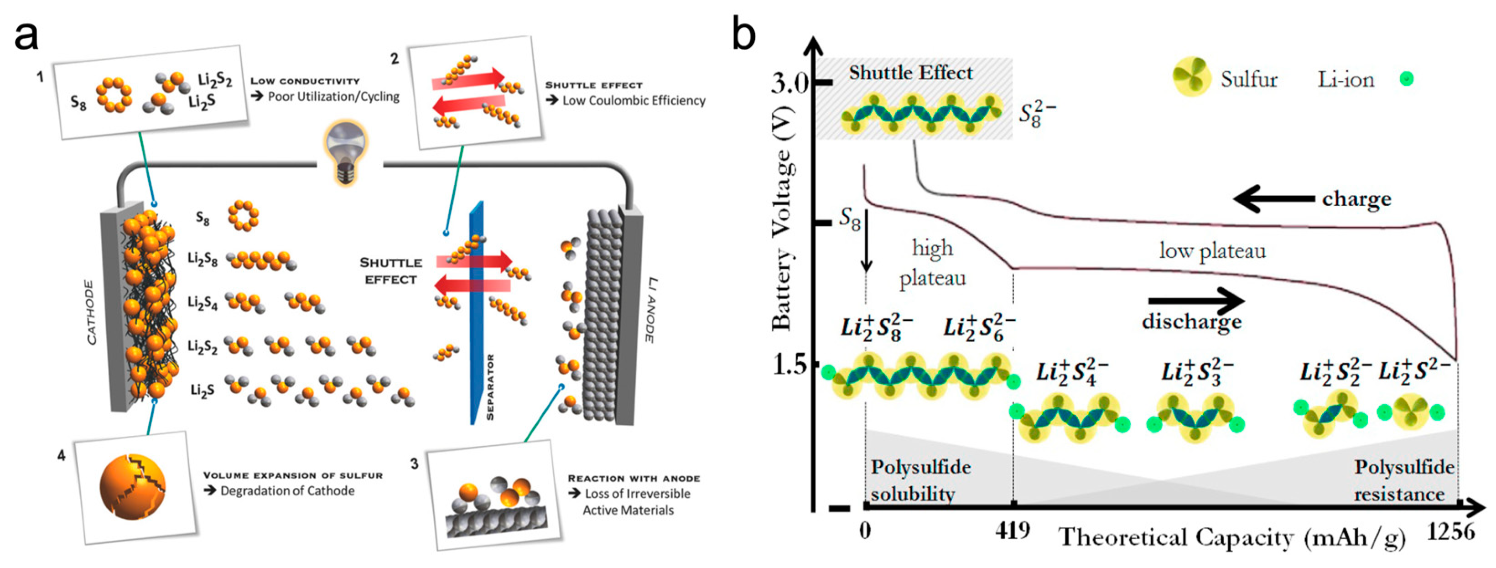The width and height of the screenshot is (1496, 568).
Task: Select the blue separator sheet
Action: pyautogui.click(x=478, y=313)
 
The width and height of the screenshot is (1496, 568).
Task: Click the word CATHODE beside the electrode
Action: pyautogui.click(x=91, y=312)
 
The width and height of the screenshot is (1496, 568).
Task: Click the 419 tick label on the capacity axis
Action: pyautogui.click(x=1013, y=530)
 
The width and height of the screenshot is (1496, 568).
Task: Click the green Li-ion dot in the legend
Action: pyautogui.click(x=1407, y=79)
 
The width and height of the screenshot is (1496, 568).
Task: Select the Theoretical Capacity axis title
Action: pyautogui.click(x=1231, y=538)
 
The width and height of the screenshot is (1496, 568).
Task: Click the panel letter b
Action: pyautogui.click(x=743, y=34)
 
